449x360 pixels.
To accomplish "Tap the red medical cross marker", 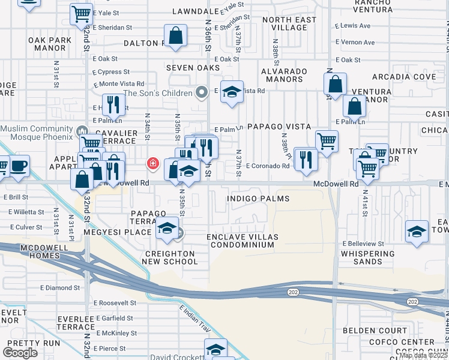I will (152, 163).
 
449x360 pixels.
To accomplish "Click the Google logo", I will (19, 353).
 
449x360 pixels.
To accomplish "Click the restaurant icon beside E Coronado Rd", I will (306, 160).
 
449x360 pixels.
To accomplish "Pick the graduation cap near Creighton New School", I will (167, 229).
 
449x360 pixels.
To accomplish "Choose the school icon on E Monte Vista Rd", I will (232, 92).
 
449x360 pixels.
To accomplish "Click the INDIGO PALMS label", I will (258, 199).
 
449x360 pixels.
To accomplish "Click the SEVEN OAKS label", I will (193, 68).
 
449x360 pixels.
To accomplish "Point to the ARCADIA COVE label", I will (403, 77).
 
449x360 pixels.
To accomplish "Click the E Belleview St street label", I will (363, 244).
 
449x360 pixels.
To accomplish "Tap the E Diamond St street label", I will (61, 287).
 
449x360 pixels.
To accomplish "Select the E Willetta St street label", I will (26, 212).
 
